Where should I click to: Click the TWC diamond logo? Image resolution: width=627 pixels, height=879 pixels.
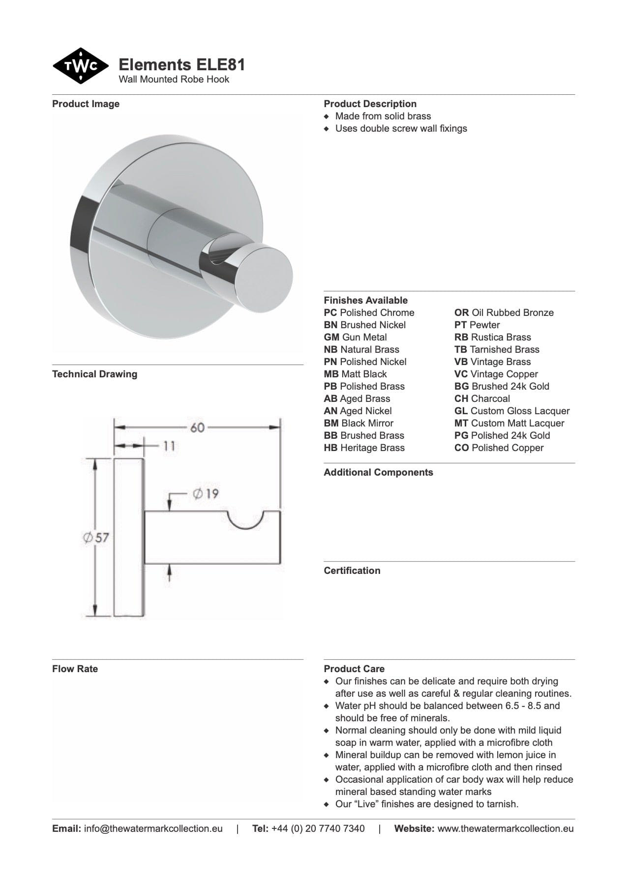tap(81, 66)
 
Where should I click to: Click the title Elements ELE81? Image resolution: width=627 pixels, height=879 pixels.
tap(182, 65)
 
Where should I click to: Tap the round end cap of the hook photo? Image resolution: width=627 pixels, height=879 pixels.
tap(266, 278)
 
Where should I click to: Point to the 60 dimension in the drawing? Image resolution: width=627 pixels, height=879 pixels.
tap(197, 427)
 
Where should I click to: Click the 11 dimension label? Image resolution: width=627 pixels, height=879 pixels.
tap(169, 446)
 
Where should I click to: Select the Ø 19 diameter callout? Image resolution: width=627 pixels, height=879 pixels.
tap(206, 493)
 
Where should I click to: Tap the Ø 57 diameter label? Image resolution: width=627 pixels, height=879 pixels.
tap(96, 538)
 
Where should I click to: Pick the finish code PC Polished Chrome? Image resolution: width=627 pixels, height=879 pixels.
tap(369, 312)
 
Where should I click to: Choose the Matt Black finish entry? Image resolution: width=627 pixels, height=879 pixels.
tap(355, 374)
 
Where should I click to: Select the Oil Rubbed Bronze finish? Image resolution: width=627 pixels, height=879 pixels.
tap(504, 312)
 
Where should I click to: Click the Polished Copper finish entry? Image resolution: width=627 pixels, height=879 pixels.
tap(499, 448)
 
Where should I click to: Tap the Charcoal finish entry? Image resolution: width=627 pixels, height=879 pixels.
tap(482, 398)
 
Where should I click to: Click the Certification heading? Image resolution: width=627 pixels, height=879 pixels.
tap(352, 570)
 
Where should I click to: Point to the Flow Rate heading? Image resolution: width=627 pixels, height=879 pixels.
tap(75, 669)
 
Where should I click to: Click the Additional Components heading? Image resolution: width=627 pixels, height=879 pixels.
tap(378, 472)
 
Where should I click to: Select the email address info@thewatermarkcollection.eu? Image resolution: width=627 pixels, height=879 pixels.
tap(153, 828)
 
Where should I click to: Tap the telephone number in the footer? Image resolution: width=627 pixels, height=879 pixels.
tap(318, 828)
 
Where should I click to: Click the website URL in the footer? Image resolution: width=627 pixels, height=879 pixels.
tap(505, 828)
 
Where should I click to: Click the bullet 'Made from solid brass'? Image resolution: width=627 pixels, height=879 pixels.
tap(383, 116)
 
